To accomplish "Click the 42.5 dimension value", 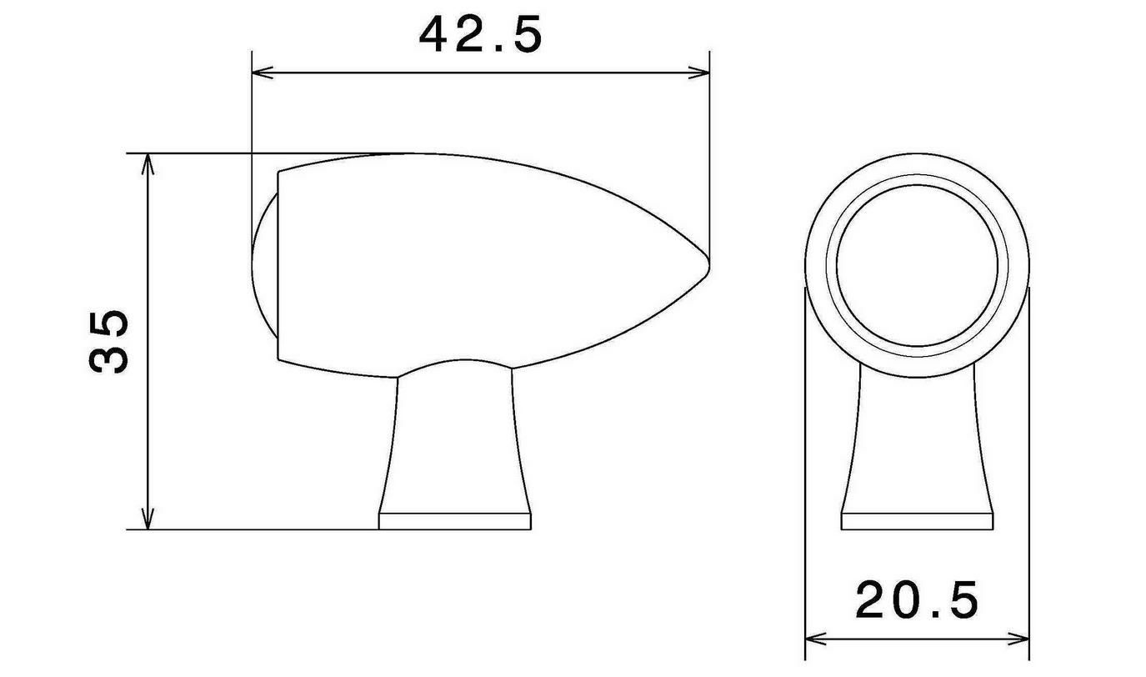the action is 480,35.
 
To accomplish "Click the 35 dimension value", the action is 108,341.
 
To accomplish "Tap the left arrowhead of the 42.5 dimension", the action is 262,73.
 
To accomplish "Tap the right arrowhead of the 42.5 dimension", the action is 699,73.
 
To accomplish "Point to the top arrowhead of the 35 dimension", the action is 148,163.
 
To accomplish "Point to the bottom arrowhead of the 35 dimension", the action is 148,519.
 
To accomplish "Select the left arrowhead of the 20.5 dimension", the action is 815,639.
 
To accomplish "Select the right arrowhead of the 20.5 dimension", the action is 1018,639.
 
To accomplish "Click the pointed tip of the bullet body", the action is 708,264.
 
